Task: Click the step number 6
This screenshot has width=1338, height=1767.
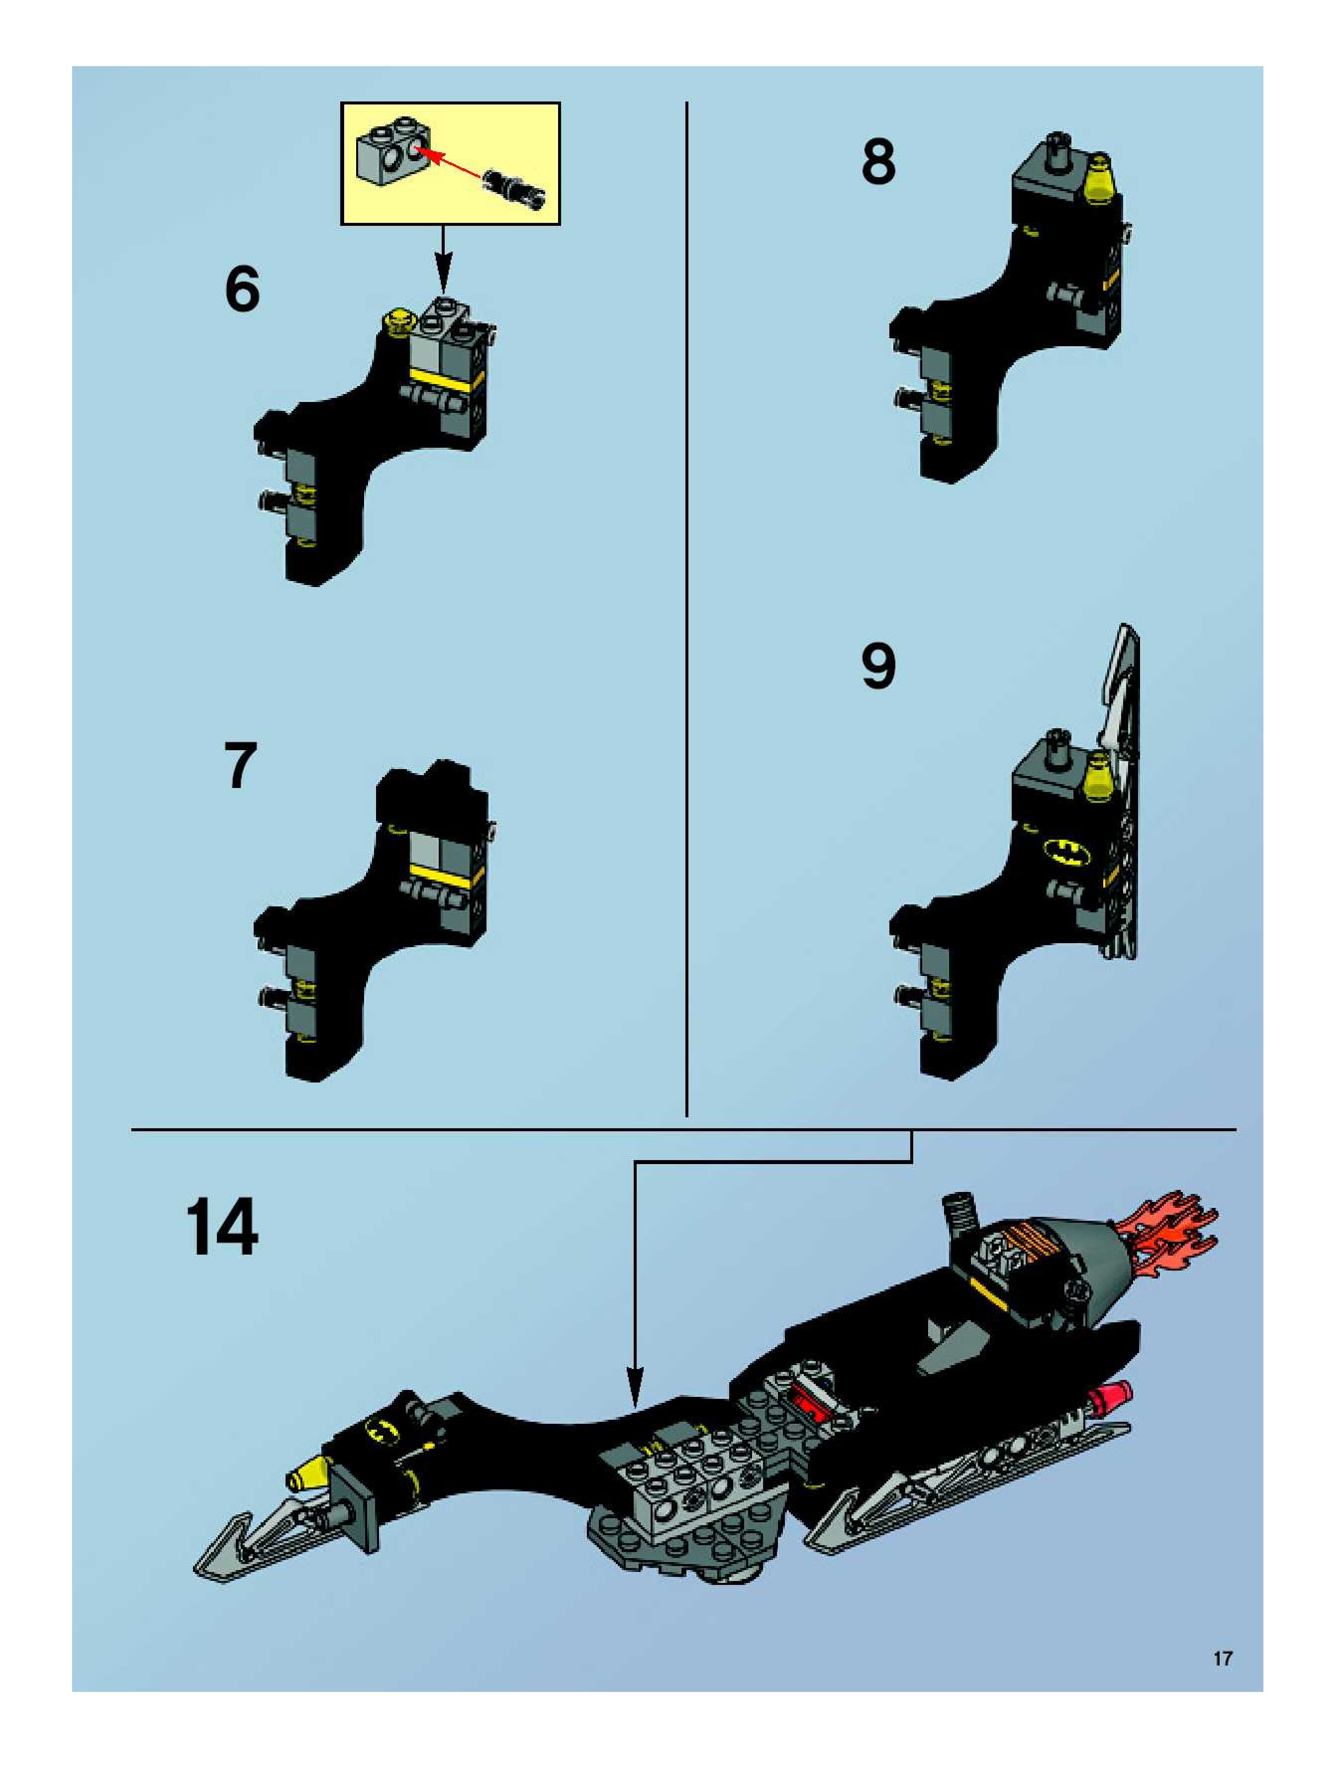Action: pyautogui.click(x=242, y=289)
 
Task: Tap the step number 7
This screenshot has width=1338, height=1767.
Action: pyautogui.click(x=240, y=765)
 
